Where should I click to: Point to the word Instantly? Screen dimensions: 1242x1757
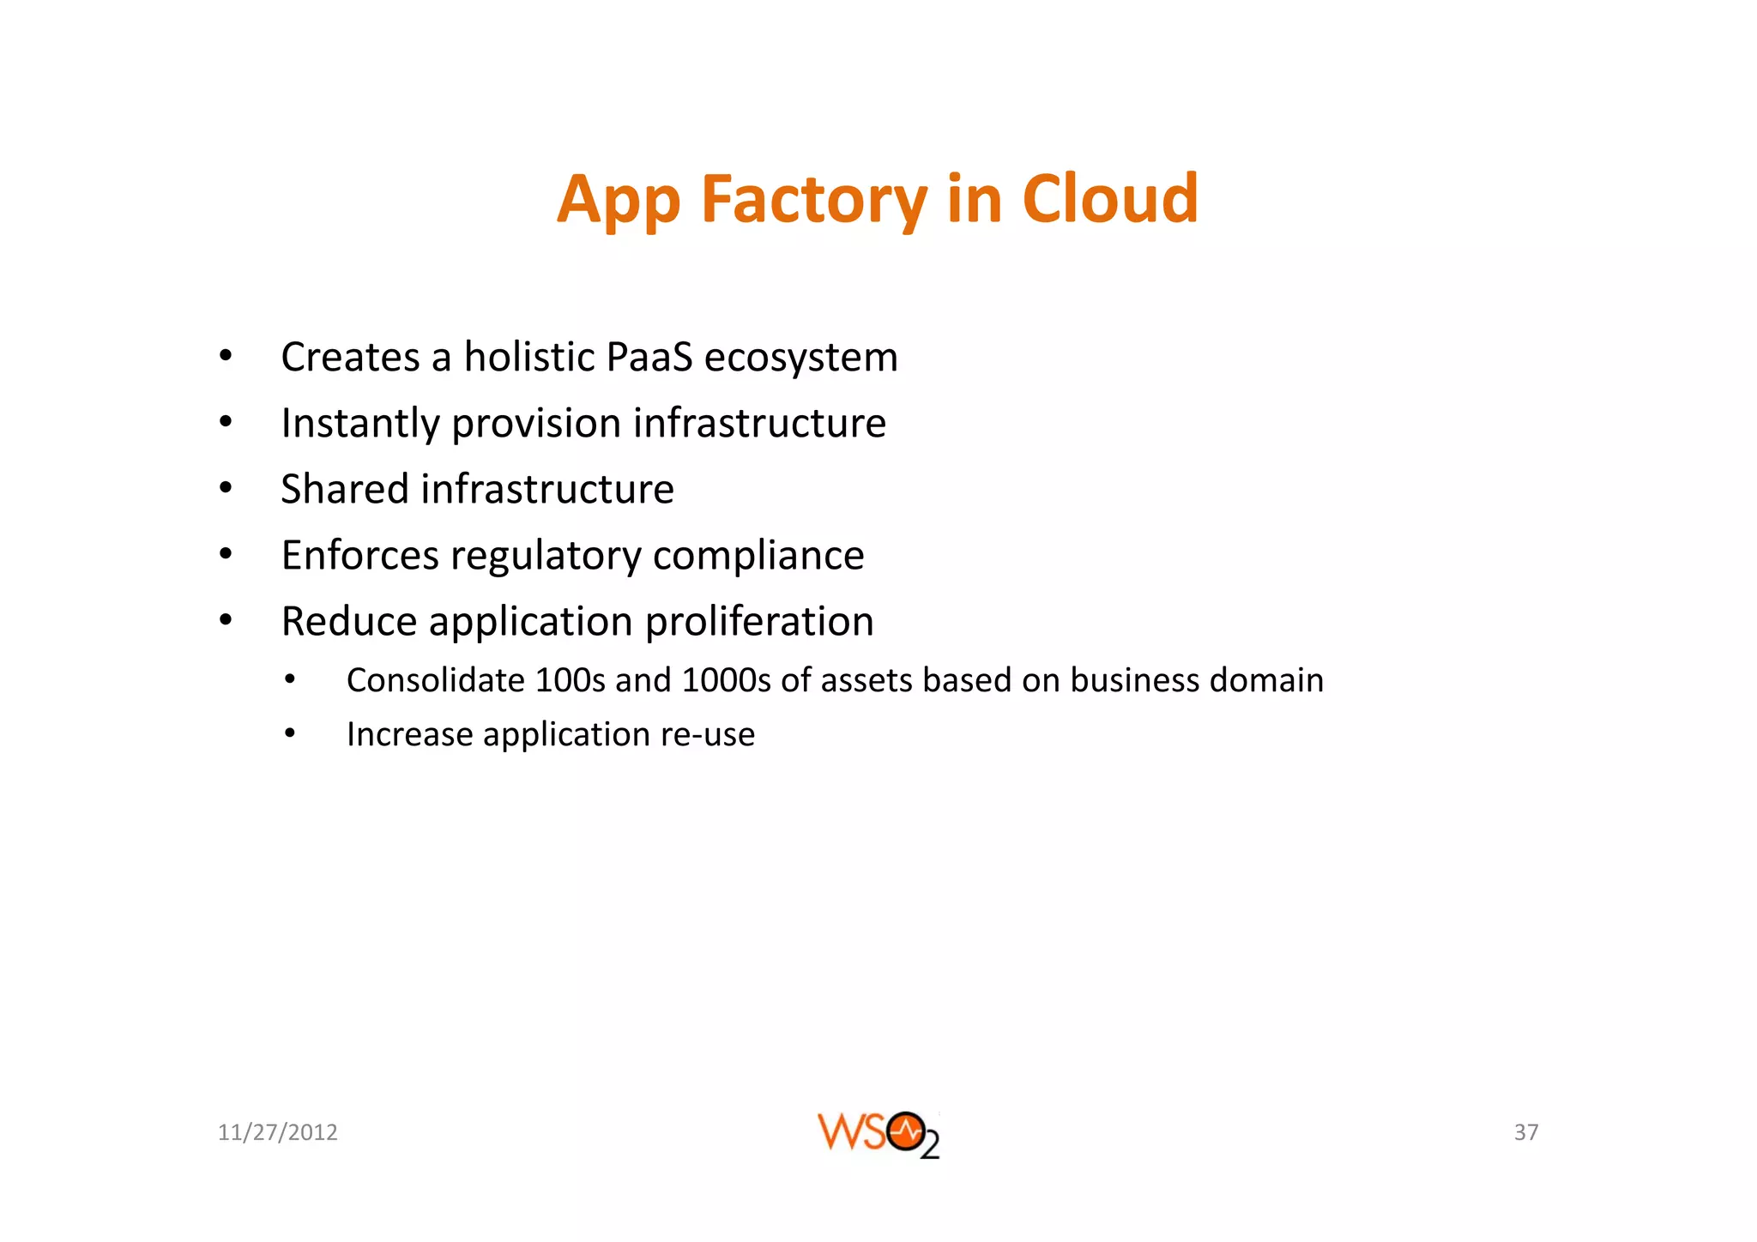coord(360,424)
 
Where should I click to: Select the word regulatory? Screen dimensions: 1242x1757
coord(546,557)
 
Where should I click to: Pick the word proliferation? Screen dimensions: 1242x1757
coord(759,622)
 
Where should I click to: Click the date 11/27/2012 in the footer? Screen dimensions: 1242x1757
coord(277,1132)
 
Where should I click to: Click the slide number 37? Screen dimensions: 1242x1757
coord(1525,1132)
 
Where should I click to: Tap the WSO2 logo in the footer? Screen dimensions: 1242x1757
coord(878,1134)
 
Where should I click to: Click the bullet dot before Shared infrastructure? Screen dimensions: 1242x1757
coord(226,489)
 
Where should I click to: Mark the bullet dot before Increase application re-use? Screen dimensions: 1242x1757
coord(291,734)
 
